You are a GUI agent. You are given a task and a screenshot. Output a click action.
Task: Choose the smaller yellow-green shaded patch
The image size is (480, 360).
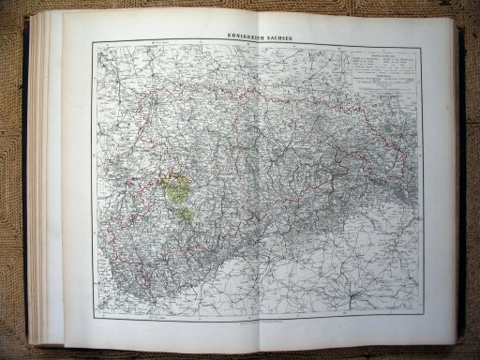click(x=188, y=215)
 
